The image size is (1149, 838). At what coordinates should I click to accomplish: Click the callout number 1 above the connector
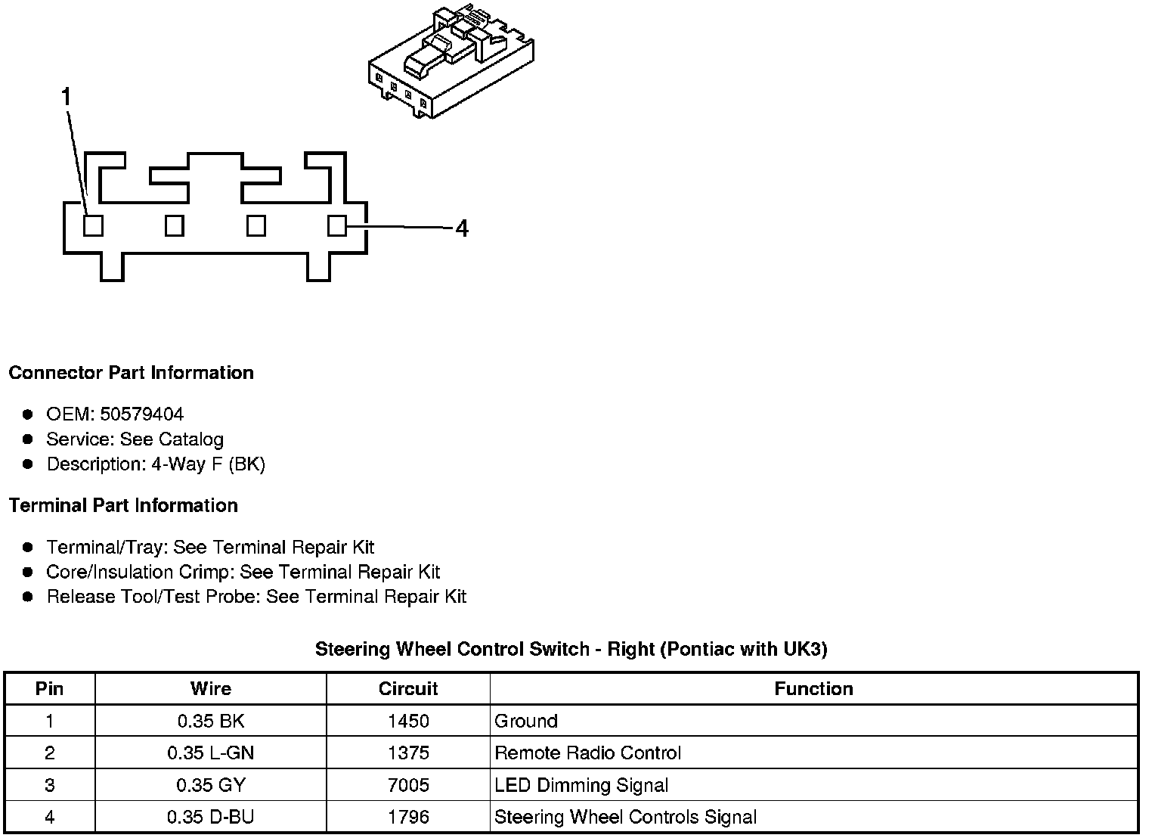tap(67, 98)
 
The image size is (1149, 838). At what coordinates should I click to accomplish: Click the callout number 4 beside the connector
tap(462, 228)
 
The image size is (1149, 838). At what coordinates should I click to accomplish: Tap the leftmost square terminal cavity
tap(93, 225)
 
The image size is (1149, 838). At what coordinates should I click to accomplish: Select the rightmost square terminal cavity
tap(337, 225)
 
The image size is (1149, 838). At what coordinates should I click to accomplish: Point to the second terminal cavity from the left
tap(175, 225)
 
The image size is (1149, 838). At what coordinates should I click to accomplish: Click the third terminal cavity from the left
tap(256, 225)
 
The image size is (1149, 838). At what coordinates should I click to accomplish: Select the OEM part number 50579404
tap(141, 414)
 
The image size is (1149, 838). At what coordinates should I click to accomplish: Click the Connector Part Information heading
tap(131, 373)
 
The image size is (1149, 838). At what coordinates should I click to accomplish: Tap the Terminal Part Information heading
tap(123, 505)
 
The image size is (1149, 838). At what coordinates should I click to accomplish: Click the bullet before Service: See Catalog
tap(28, 439)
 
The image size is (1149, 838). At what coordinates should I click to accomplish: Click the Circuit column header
tap(408, 689)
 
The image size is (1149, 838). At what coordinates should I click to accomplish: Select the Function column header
tap(813, 689)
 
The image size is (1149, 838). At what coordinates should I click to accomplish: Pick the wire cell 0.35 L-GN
tap(211, 753)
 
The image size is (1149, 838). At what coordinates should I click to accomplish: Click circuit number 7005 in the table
tap(408, 785)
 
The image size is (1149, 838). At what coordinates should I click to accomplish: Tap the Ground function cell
tap(526, 721)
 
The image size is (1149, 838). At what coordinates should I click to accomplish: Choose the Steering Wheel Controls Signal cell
tap(625, 817)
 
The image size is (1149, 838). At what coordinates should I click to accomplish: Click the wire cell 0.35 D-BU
tap(211, 817)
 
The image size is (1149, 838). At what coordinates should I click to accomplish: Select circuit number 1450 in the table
tap(408, 721)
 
